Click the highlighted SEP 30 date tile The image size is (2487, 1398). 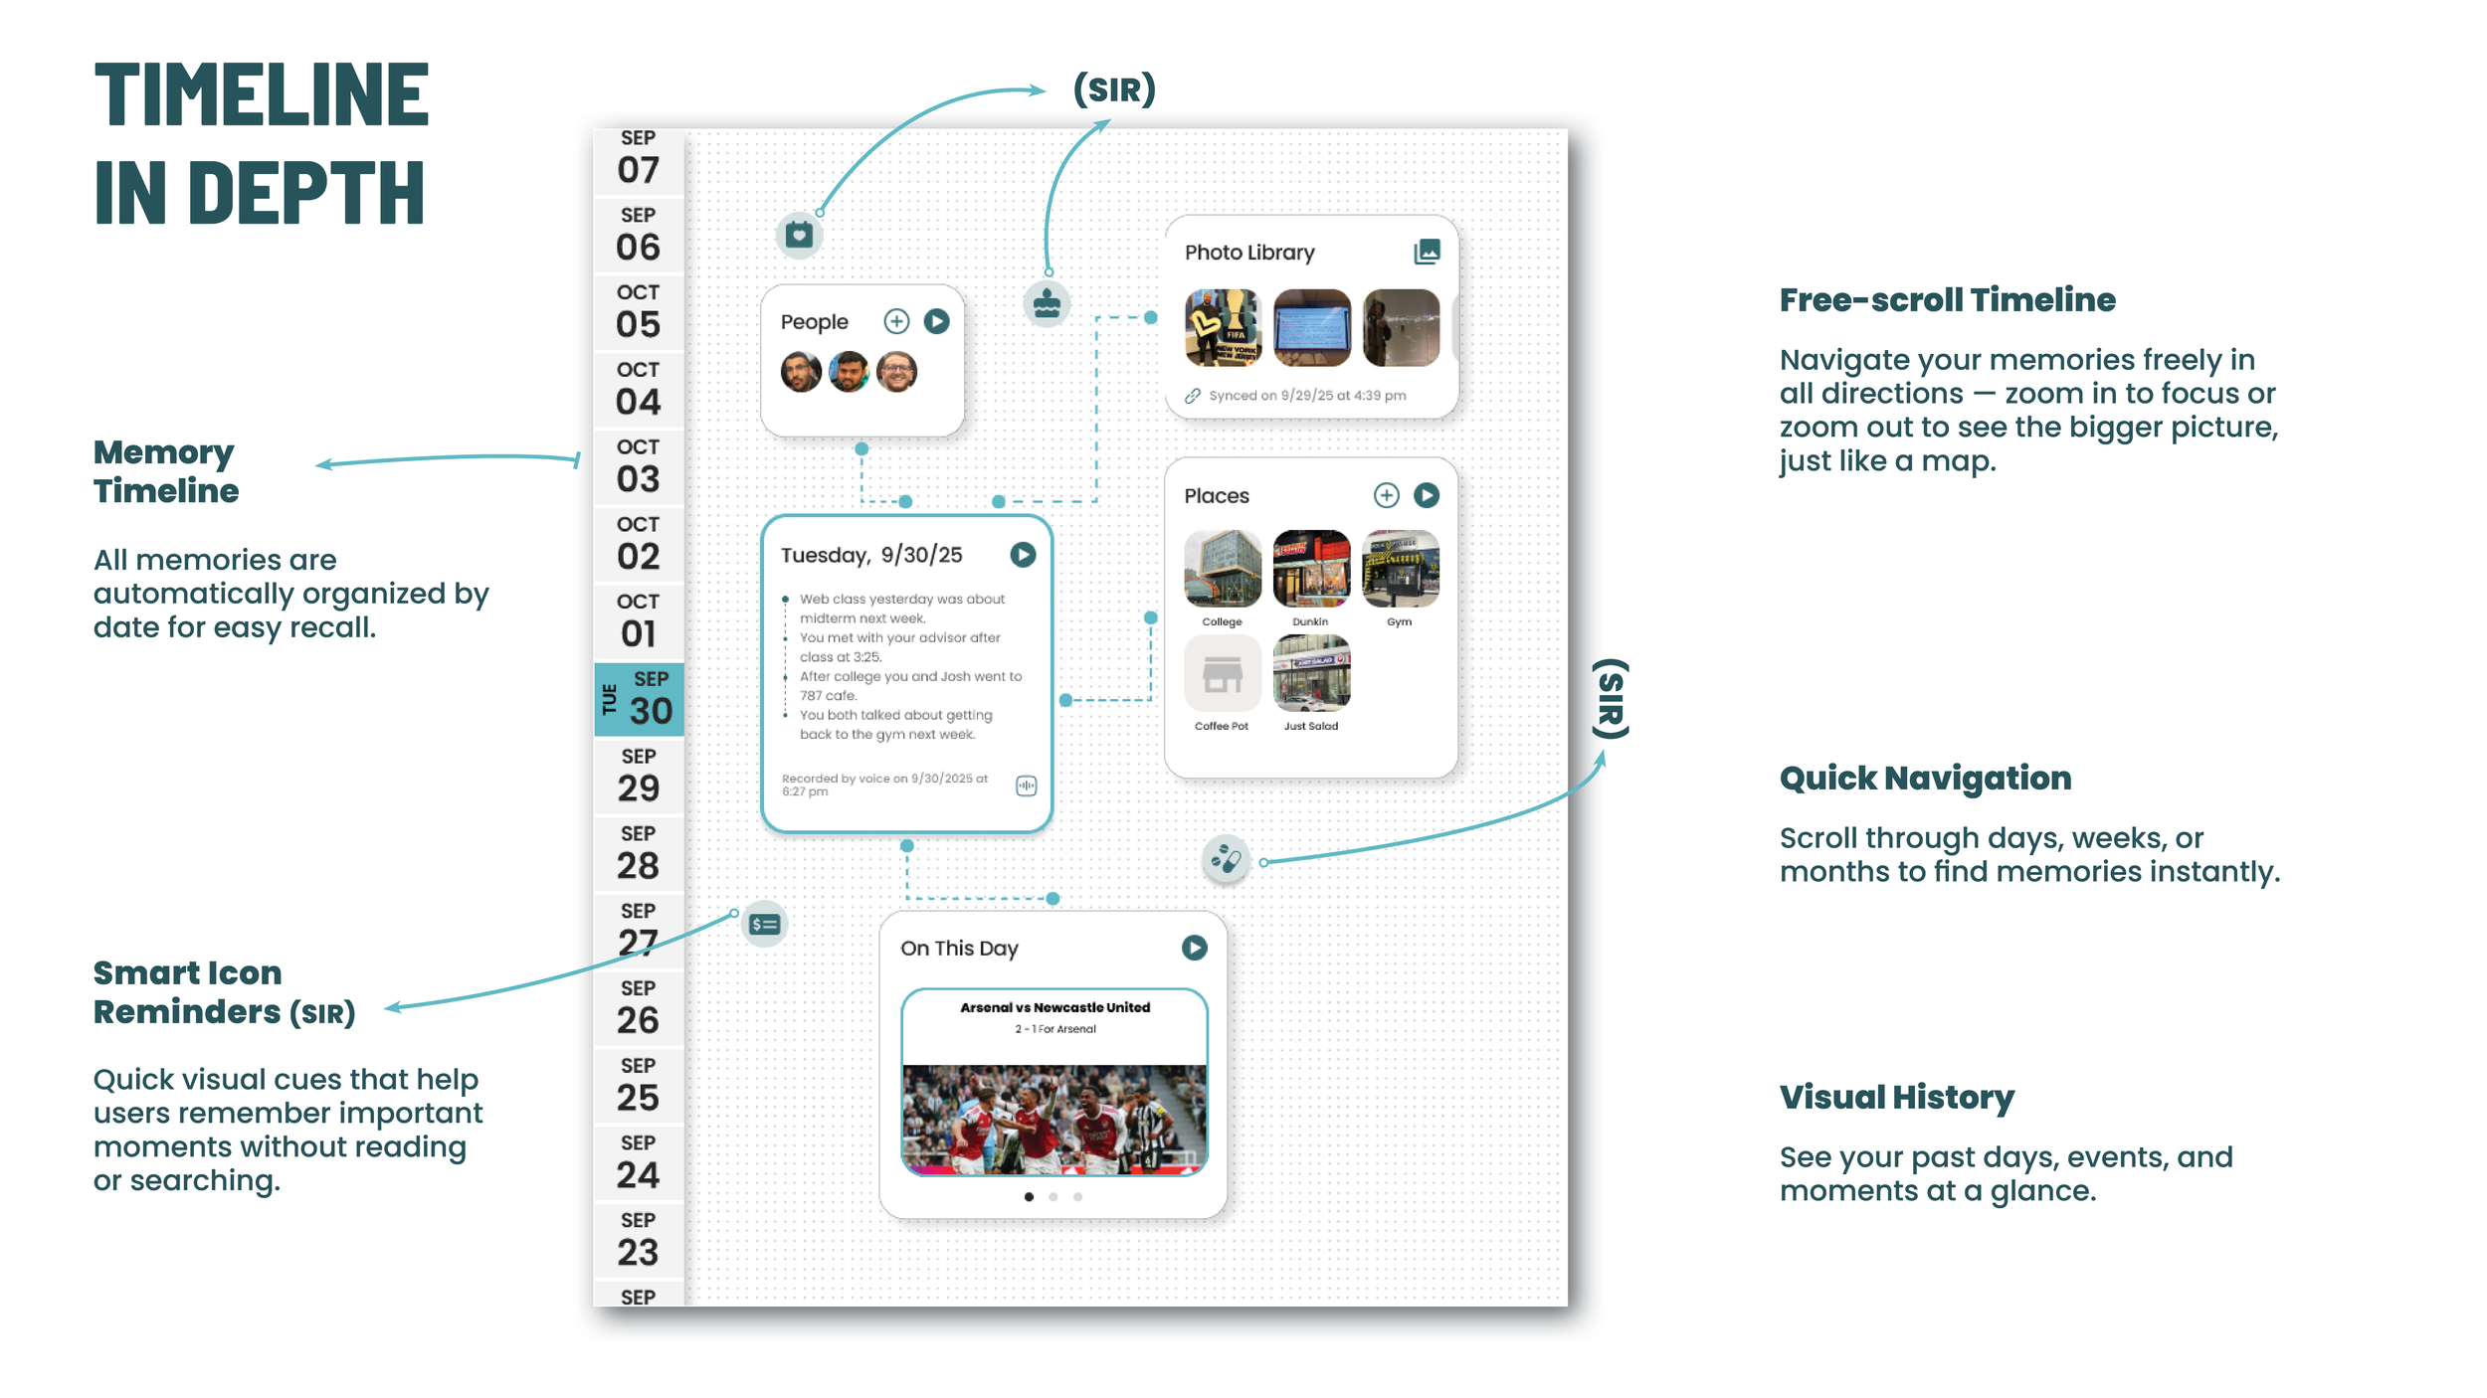(639, 699)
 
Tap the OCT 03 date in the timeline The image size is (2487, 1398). (638, 467)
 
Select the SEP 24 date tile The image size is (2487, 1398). (638, 1163)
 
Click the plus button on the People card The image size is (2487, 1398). (896, 321)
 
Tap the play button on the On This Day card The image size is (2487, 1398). (1194, 948)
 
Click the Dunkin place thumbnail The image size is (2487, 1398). (1311, 569)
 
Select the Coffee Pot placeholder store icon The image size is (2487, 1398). (1222, 674)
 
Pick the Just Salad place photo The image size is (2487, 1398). (1311, 674)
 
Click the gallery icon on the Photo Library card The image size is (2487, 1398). (1427, 252)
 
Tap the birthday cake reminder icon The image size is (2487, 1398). (1047, 303)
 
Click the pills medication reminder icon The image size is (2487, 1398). (1226, 859)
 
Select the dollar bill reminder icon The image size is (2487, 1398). (764, 925)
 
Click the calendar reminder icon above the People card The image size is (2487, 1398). (799, 236)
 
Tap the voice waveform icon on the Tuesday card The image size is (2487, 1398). (1026, 786)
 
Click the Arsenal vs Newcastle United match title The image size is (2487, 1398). (1054, 1007)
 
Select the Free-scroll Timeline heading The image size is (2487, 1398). (1947, 299)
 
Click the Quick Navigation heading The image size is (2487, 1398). (1925, 778)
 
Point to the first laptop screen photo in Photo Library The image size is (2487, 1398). (1311, 327)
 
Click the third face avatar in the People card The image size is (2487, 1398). (896, 372)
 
